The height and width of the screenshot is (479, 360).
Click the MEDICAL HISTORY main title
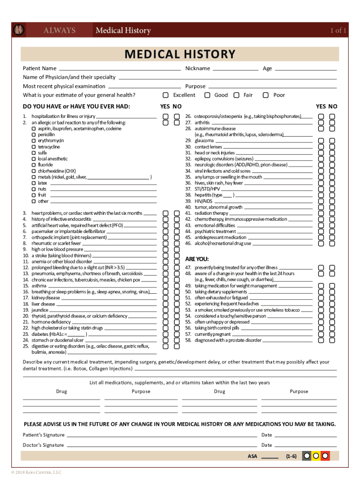pos(180,54)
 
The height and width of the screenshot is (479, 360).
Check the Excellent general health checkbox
pos(166,95)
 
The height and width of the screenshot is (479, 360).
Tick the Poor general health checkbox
pos(266,95)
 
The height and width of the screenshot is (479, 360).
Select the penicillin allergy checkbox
pos(34,135)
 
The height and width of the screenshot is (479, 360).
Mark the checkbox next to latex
pos(34,183)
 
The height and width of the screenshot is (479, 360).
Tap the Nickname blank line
pos(238,68)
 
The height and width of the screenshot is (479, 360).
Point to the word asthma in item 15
pos(39,286)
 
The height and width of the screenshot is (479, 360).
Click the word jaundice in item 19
pos(40,310)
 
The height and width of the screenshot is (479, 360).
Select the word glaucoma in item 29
pos(204,140)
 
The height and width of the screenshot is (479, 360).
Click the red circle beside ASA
pos(324,455)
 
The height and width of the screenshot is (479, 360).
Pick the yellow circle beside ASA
pos(316,455)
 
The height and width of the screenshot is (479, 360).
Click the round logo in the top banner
pos(19,30)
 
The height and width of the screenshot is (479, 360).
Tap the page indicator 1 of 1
pos(338,31)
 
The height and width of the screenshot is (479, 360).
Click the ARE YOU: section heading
pos(197,259)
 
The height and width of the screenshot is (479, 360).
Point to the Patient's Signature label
pos(44,435)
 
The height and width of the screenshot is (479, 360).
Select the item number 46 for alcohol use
pos(188,243)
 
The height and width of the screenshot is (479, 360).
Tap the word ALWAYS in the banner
pos(59,31)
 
